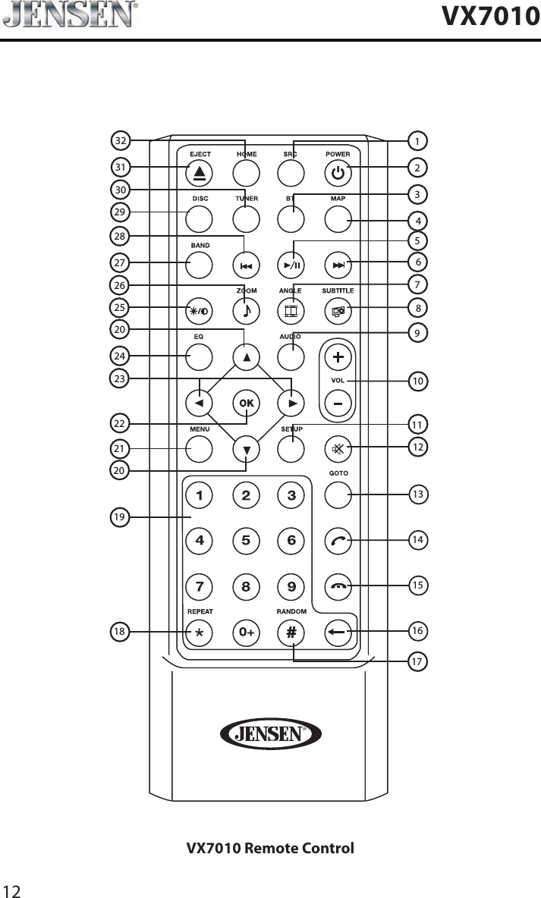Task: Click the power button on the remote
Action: pyautogui.click(x=338, y=174)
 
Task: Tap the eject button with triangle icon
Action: pyautogui.click(x=199, y=174)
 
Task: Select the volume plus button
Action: pyautogui.click(x=338, y=356)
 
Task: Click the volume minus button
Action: pyautogui.click(x=338, y=403)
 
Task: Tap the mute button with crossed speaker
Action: pyautogui.click(x=338, y=449)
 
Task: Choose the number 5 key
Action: pyautogui.click(x=246, y=542)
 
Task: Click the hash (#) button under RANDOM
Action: pyautogui.click(x=292, y=632)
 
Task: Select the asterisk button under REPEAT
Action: pyautogui.click(x=199, y=632)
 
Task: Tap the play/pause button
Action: pyautogui.click(x=292, y=265)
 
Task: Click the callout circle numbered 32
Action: pyautogui.click(x=120, y=141)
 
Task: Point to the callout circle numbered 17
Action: pyautogui.click(x=417, y=662)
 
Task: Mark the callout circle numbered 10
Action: pyautogui.click(x=417, y=381)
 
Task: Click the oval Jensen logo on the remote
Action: pyautogui.click(x=270, y=733)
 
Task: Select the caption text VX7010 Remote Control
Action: pyautogui.click(x=270, y=847)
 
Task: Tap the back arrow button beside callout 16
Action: pyautogui.click(x=338, y=632)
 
